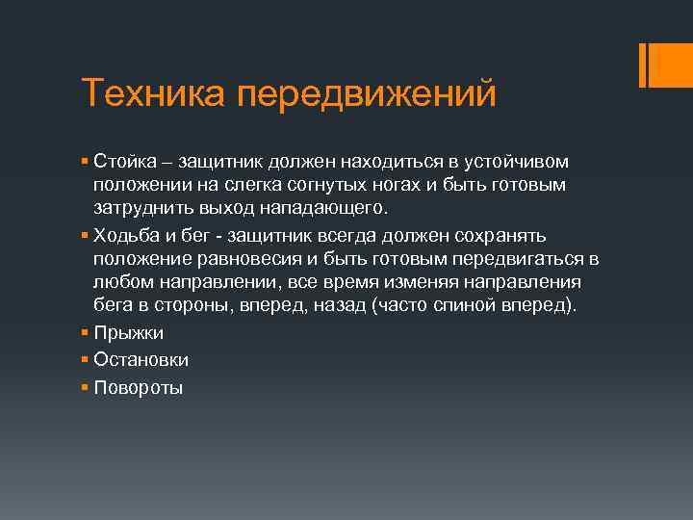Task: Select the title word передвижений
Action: click(x=366, y=94)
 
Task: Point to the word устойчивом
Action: click(x=520, y=160)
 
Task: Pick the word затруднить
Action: click(x=141, y=207)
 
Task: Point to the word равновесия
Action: click(x=240, y=260)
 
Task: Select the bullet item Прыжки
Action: click(x=128, y=333)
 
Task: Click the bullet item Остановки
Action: click(x=141, y=360)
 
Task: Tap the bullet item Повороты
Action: click(x=138, y=388)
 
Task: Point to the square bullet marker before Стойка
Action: click(x=86, y=160)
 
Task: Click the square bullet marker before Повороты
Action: click(x=86, y=387)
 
